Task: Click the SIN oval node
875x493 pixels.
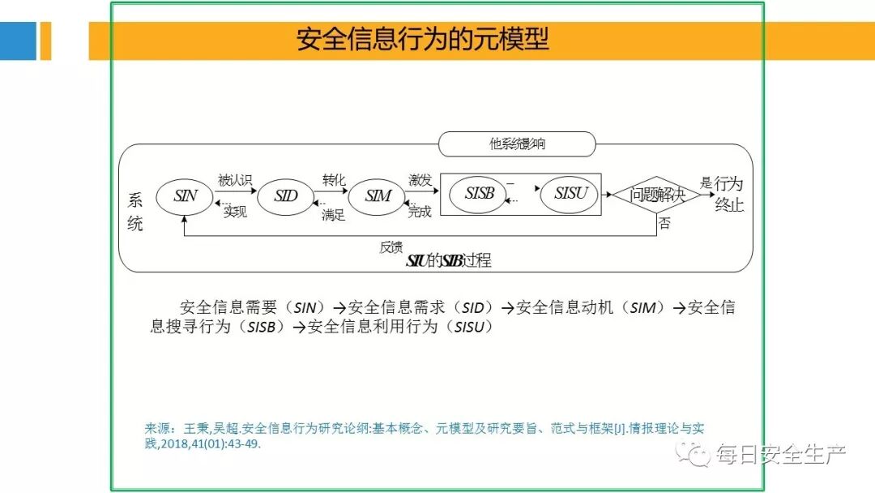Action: coord(185,196)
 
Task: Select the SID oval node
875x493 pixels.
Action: coord(285,196)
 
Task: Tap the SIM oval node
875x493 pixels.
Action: coord(378,196)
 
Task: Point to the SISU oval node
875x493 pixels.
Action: coord(569,195)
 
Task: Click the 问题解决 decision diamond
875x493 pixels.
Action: coord(656,195)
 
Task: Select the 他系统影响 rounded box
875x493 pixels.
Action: coord(517,145)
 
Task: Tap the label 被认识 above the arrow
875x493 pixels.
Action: coord(235,180)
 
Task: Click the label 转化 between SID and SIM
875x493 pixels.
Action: coord(334,179)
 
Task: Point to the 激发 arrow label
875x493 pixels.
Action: coord(420,179)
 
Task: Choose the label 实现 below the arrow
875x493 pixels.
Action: coord(235,212)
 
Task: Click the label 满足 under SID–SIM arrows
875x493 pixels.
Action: coord(333,215)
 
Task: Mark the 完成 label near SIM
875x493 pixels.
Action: coord(420,212)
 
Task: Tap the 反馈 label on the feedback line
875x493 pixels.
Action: coord(391,247)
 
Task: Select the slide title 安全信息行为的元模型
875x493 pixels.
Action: coord(422,39)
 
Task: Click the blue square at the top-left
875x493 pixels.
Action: coord(18,41)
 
